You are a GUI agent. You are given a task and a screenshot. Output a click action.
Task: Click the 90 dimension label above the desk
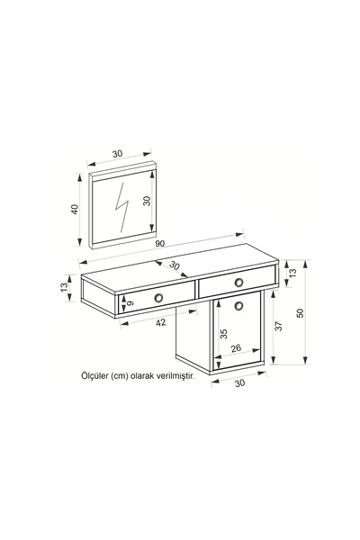point(160,244)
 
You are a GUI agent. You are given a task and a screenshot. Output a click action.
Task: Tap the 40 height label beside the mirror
point(75,210)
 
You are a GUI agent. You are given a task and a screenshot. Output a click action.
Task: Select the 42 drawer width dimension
point(161,322)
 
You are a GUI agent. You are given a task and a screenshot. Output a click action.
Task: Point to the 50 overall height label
point(301,312)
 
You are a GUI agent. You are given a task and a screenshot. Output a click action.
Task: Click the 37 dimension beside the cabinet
point(279,326)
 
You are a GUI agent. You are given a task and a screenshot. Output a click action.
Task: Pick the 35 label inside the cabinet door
point(224,334)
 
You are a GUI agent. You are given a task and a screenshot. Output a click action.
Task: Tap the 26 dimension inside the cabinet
point(236,348)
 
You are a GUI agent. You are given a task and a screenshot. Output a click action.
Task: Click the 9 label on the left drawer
point(130,303)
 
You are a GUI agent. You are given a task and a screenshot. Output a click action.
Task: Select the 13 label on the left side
point(64,287)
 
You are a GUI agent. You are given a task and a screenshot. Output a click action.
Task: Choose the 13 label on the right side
point(292,273)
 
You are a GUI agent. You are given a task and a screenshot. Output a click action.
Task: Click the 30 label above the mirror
point(118,154)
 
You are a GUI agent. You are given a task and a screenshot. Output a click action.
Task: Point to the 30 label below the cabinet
point(239,383)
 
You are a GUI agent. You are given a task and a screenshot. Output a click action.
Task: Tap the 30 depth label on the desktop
point(175,265)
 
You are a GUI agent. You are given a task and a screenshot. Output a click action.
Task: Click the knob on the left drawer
point(158,298)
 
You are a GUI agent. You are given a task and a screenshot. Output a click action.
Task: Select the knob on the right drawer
point(238,283)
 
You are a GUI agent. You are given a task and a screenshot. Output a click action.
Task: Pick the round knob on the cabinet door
point(238,305)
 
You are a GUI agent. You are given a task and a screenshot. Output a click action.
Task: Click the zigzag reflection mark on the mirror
point(121,206)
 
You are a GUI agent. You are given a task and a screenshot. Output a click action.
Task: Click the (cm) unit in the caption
point(119,375)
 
